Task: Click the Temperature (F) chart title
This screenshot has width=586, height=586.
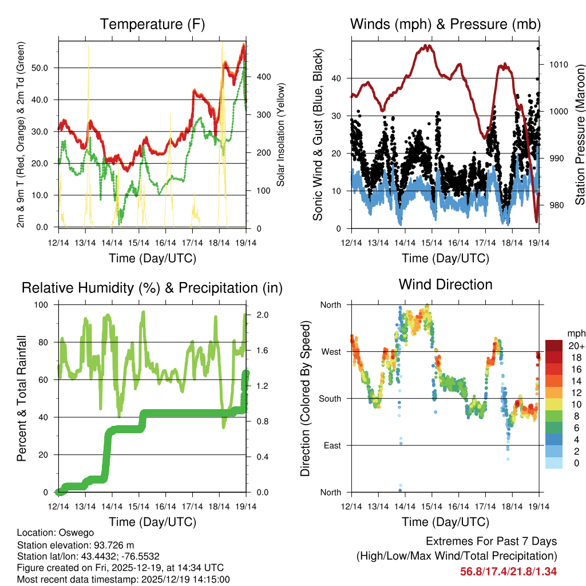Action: pyautogui.click(x=152, y=25)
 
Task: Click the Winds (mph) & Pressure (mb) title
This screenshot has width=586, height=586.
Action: pyautogui.click(x=445, y=25)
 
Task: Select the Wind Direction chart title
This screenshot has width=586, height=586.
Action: pyautogui.click(x=445, y=284)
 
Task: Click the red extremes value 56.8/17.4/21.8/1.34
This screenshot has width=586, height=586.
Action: pyautogui.click(x=508, y=571)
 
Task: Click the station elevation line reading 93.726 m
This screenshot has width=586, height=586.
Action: pyautogui.click(x=76, y=545)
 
